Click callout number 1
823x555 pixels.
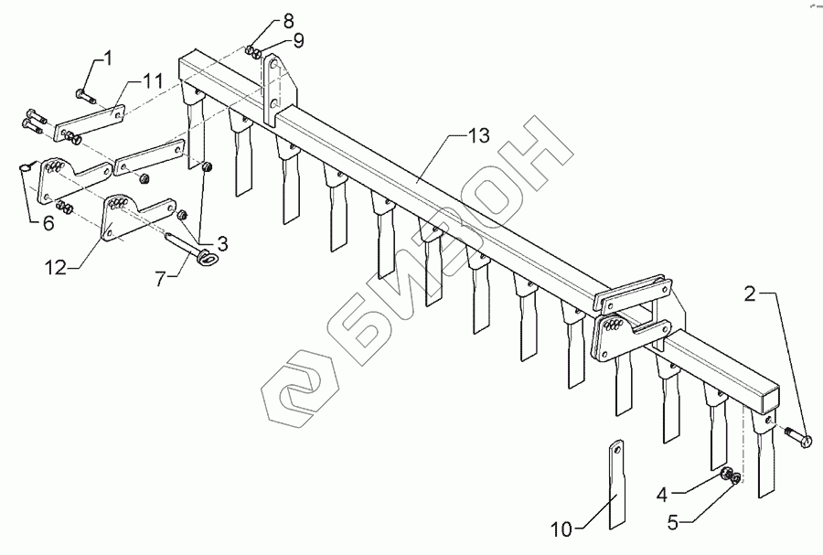point(108,59)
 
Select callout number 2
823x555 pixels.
point(749,294)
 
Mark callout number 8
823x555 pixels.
point(262,19)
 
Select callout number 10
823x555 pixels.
point(562,528)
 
